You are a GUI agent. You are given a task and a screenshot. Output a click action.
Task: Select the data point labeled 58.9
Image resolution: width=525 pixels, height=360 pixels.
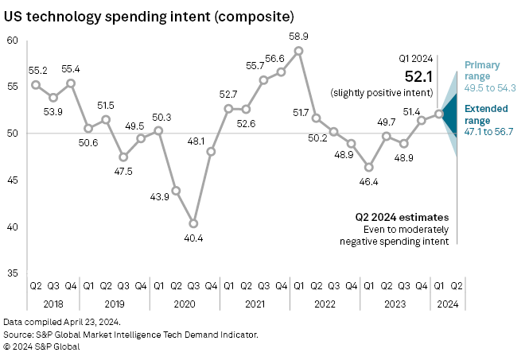[x=298, y=51]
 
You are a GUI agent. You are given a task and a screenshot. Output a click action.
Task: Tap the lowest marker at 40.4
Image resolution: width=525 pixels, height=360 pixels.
[x=193, y=223]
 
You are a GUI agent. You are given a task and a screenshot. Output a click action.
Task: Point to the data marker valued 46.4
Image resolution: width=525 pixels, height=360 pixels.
[x=369, y=167]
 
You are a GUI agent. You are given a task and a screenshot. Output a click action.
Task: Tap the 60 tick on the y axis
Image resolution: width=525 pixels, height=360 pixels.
[x=12, y=41]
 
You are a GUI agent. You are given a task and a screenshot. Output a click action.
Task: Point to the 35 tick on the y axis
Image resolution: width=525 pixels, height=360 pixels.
[x=12, y=273]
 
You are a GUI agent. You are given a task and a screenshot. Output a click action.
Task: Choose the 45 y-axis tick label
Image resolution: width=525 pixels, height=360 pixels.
[x=12, y=180]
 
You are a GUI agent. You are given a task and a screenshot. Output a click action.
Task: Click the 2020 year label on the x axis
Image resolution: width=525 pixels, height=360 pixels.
[x=185, y=304]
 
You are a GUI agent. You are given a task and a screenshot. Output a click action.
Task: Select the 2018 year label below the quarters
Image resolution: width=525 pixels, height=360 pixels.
[x=53, y=304]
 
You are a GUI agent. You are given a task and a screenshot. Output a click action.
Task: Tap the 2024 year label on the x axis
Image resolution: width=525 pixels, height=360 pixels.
[x=448, y=304]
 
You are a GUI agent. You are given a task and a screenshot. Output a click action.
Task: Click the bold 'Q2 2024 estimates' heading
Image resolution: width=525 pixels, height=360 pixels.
[x=402, y=217]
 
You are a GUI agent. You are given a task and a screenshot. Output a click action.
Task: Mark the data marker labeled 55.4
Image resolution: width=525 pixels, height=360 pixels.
[x=71, y=83]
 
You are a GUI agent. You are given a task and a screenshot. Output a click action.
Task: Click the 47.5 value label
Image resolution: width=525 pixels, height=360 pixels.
[x=123, y=170]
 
